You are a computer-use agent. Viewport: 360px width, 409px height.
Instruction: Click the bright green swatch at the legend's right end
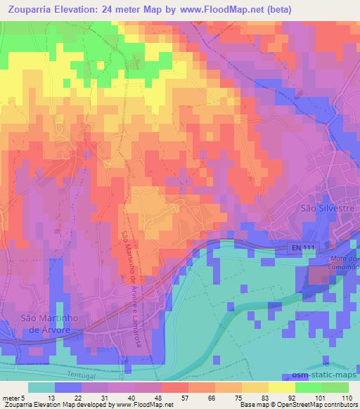pyautogui.click(x=334, y=387)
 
